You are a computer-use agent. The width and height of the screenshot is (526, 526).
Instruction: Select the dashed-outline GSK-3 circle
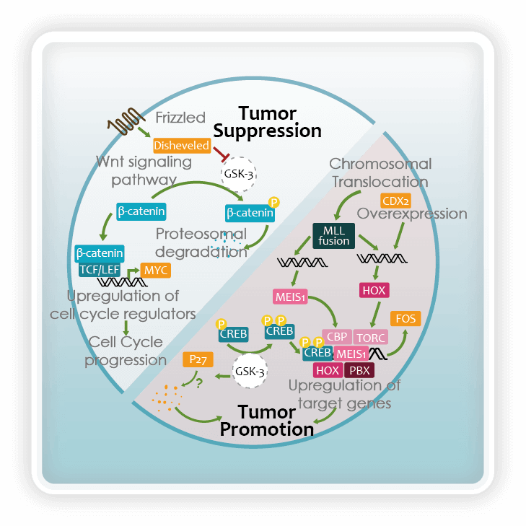[x=238, y=173]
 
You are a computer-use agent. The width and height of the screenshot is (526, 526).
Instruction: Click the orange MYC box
[x=157, y=270]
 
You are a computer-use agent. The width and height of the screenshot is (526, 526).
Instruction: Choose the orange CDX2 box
[x=395, y=201]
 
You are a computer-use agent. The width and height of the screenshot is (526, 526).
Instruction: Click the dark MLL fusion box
[x=333, y=235]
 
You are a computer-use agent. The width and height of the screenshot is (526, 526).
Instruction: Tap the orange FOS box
[x=406, y=318]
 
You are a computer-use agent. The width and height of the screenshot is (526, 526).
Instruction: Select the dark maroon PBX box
[x=359, y=370]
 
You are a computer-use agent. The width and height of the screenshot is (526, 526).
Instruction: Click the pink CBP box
[x=336, y=337]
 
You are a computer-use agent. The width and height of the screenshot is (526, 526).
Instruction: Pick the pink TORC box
[x=371, y=337]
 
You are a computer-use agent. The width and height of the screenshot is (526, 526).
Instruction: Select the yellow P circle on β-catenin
[x=273, y=202]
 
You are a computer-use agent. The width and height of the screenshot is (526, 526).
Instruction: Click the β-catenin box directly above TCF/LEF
[x=100, y=253]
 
